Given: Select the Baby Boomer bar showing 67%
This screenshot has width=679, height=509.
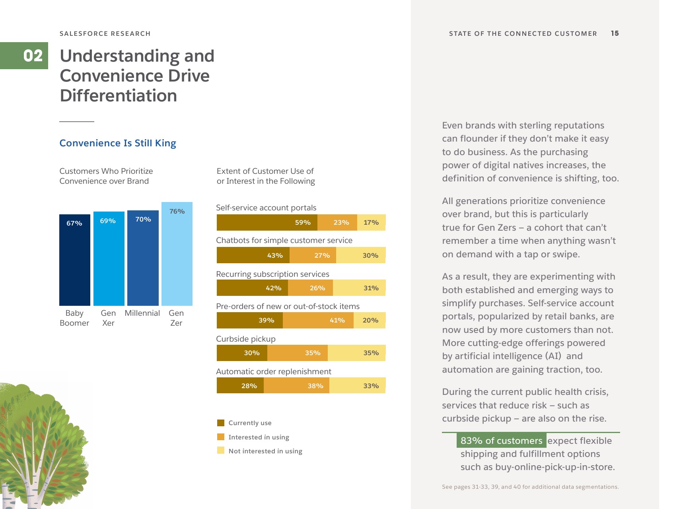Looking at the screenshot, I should [x=75, y=260].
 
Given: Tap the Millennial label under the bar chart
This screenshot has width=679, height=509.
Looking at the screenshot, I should [x=142, y=313].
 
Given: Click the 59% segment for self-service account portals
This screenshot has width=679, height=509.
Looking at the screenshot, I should [x=267, y=223].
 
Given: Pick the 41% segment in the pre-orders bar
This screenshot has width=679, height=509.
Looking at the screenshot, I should [x=318, y=321].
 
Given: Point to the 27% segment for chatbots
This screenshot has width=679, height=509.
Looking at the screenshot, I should [x=313, y=255].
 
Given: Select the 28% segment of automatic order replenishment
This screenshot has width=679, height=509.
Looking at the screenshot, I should [x=240, y=386].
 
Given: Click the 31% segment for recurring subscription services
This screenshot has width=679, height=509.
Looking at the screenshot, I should [x=359, y=288].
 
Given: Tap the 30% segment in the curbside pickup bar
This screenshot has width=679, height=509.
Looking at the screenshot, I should [x=242, y=353].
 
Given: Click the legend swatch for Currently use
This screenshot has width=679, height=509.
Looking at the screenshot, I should [x=221, y=423].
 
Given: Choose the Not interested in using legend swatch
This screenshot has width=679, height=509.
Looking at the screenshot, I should [x=221, y=451].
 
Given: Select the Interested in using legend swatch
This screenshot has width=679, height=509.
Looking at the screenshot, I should [x=221, y=437].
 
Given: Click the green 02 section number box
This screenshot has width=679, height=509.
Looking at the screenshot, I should [x=24, y=56].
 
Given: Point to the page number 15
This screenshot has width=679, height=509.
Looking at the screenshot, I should [x=615, y=33].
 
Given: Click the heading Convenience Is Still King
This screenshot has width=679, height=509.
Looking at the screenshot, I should [x=118, y=143].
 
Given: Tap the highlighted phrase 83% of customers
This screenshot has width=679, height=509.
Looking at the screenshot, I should [x=501, y=441].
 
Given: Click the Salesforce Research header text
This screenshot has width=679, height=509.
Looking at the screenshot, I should [x=105, y=34].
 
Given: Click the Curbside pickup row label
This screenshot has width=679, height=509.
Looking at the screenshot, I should [x=246, y=339].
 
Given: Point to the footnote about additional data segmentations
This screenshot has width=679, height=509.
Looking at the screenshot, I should [x=530, y=487].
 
